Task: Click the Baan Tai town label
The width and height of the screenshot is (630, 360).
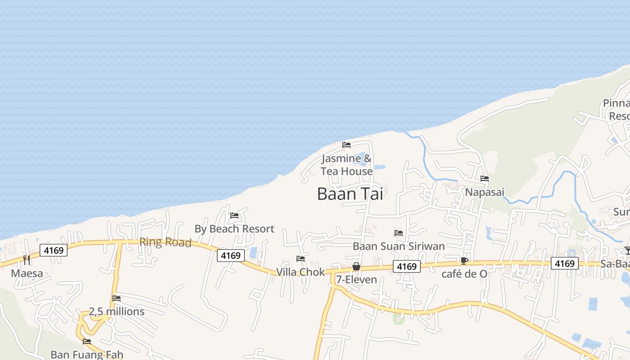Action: (x=350, y=194)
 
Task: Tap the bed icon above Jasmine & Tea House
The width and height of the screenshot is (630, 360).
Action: (x=346, y=145)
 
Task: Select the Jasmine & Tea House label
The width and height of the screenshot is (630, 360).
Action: (x=346, y=165)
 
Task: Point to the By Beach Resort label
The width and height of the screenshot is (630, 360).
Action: (x=234, y=229)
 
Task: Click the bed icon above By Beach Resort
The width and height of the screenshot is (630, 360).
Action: (x=234, y=216)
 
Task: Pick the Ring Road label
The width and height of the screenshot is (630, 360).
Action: (x=165, y=242)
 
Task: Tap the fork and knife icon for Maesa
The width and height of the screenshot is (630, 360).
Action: (x=27, y=260)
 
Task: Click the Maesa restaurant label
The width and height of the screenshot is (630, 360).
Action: (x=27, y=273)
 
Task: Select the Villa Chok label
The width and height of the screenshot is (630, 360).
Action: (x=300, y=272)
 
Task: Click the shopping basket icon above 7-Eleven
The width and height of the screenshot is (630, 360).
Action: (x=356, y=266)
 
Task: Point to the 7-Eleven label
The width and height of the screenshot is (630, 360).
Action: (x=356, y=279)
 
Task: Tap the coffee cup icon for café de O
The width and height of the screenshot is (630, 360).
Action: (x=464, y=261)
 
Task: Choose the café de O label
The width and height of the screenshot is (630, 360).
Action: (x=464, y=274)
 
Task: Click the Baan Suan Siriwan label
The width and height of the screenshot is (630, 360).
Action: (x=399, y=246)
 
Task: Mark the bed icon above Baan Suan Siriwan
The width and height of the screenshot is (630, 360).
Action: (x=399, y=233)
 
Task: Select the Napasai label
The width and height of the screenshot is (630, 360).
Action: (x=485, y=192)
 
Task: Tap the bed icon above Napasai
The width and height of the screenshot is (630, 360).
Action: (x=485, y=179)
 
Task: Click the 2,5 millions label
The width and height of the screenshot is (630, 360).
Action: (x=117, y=311)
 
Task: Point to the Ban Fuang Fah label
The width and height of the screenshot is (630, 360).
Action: (x=87, y=355)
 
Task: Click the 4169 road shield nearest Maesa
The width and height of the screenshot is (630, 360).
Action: (x=54, y=250)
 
